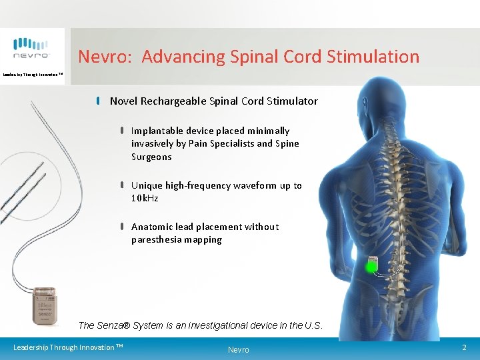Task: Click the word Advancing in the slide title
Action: [175, 57]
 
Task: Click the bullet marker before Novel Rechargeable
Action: [98, 101]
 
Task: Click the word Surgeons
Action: [151, 157]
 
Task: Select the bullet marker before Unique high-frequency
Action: [123, 185]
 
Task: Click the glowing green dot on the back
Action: [371, 267]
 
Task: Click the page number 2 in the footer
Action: [464, 347]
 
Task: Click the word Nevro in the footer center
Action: [238, 349]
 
